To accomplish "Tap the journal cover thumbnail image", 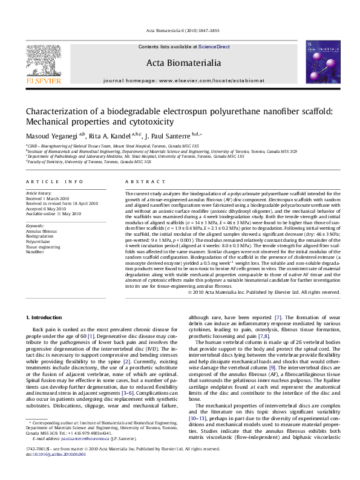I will coord(318,62).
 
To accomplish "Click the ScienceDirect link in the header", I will coord(214,47).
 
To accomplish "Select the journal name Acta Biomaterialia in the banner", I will coord(180,62).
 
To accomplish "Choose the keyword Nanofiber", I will coord(35,253).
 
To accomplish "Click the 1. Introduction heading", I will coord(45,317).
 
